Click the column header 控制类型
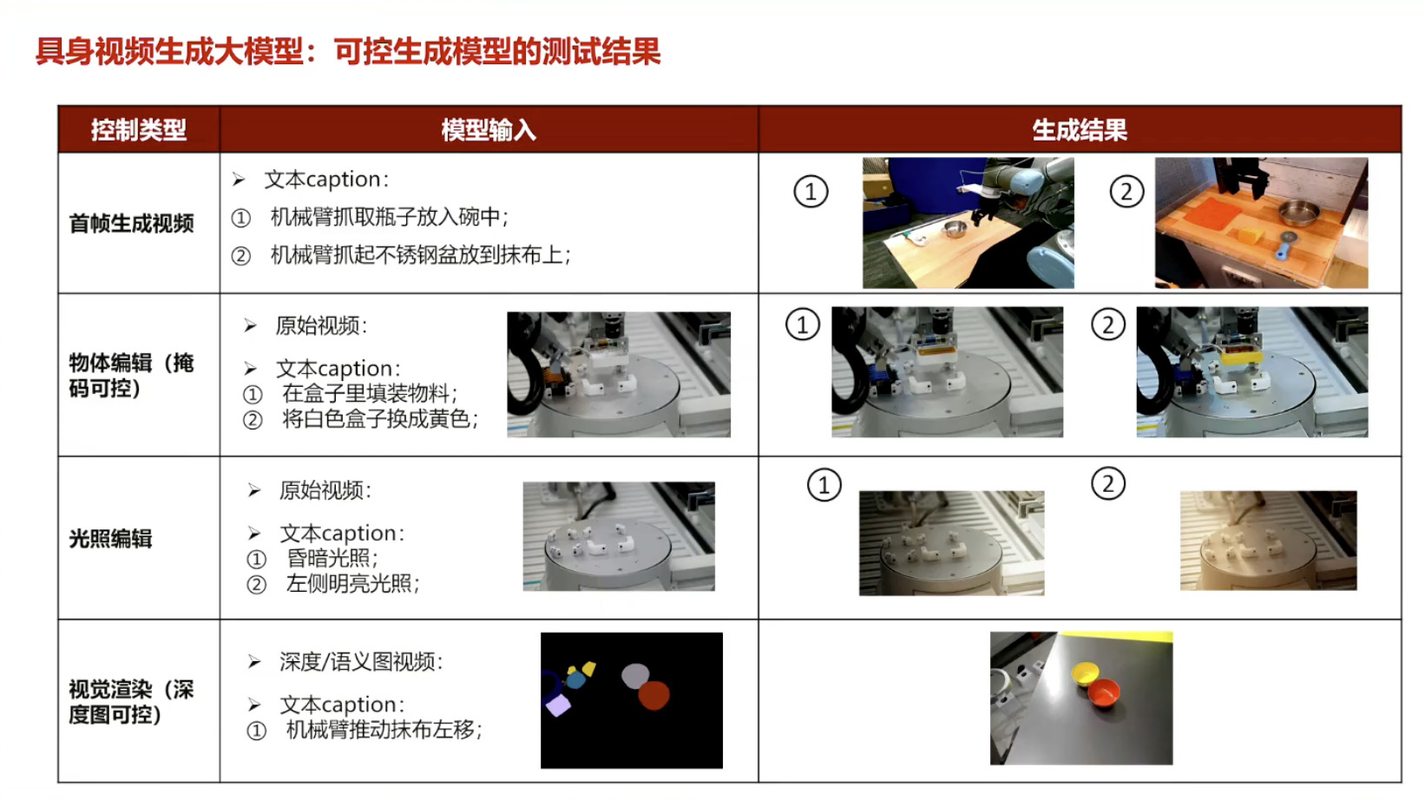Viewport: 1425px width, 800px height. click(x=139, y=130)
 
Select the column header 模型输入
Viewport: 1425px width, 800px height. click(x=489, y=130)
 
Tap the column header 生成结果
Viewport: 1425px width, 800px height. click(x=1080, y=130)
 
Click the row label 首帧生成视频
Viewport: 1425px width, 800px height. click(x=132, y=224)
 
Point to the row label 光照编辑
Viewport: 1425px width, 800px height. click(x=111, y=539)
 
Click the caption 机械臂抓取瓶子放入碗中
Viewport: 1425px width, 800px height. click(x=385, y=217)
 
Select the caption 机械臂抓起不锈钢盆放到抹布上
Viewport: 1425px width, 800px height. click(x=417, y=255)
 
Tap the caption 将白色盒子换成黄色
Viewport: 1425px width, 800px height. click(x=376, y=419)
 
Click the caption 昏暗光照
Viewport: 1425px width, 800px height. click(x=329, y=558)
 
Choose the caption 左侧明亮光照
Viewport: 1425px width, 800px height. click(x=349, y=583)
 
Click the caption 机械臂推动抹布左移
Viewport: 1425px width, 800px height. click(x=380, y=730)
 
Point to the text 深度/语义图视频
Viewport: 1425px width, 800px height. click(x=357, y=662)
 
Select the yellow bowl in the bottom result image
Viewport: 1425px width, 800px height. click(x=1085, y=673)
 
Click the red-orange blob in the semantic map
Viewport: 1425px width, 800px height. click(x=654, y=695)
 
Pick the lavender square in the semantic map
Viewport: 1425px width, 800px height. click(x=559, y=705)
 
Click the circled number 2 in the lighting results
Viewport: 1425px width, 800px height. click(x=1108, y=484)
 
